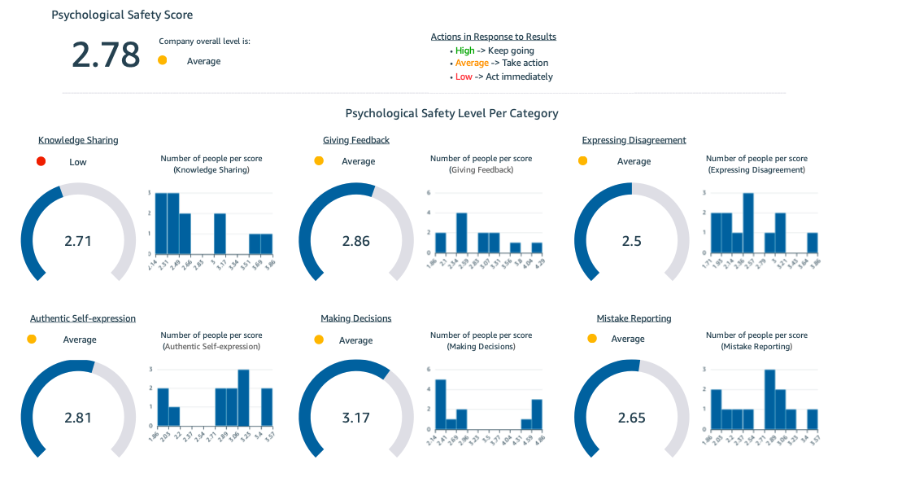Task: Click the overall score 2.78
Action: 106,55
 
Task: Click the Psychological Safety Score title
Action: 122,15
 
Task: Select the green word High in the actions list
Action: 464,50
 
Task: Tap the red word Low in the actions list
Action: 464,77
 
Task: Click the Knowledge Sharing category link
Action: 78,140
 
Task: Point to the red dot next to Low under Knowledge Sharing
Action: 41,161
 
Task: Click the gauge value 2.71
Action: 78,241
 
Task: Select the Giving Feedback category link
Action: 355,140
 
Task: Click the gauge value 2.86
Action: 355,241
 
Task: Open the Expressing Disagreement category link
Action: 634,140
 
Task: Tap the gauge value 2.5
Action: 631,241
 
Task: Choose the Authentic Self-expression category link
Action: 83,318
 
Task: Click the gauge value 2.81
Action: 78,418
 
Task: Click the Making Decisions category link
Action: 355,318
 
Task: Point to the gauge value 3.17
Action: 355,418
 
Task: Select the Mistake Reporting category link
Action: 634,318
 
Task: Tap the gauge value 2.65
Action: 631,418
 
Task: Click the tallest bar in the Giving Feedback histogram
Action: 461,233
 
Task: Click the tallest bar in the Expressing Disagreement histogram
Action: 747,223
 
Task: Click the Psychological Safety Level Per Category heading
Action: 451,113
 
